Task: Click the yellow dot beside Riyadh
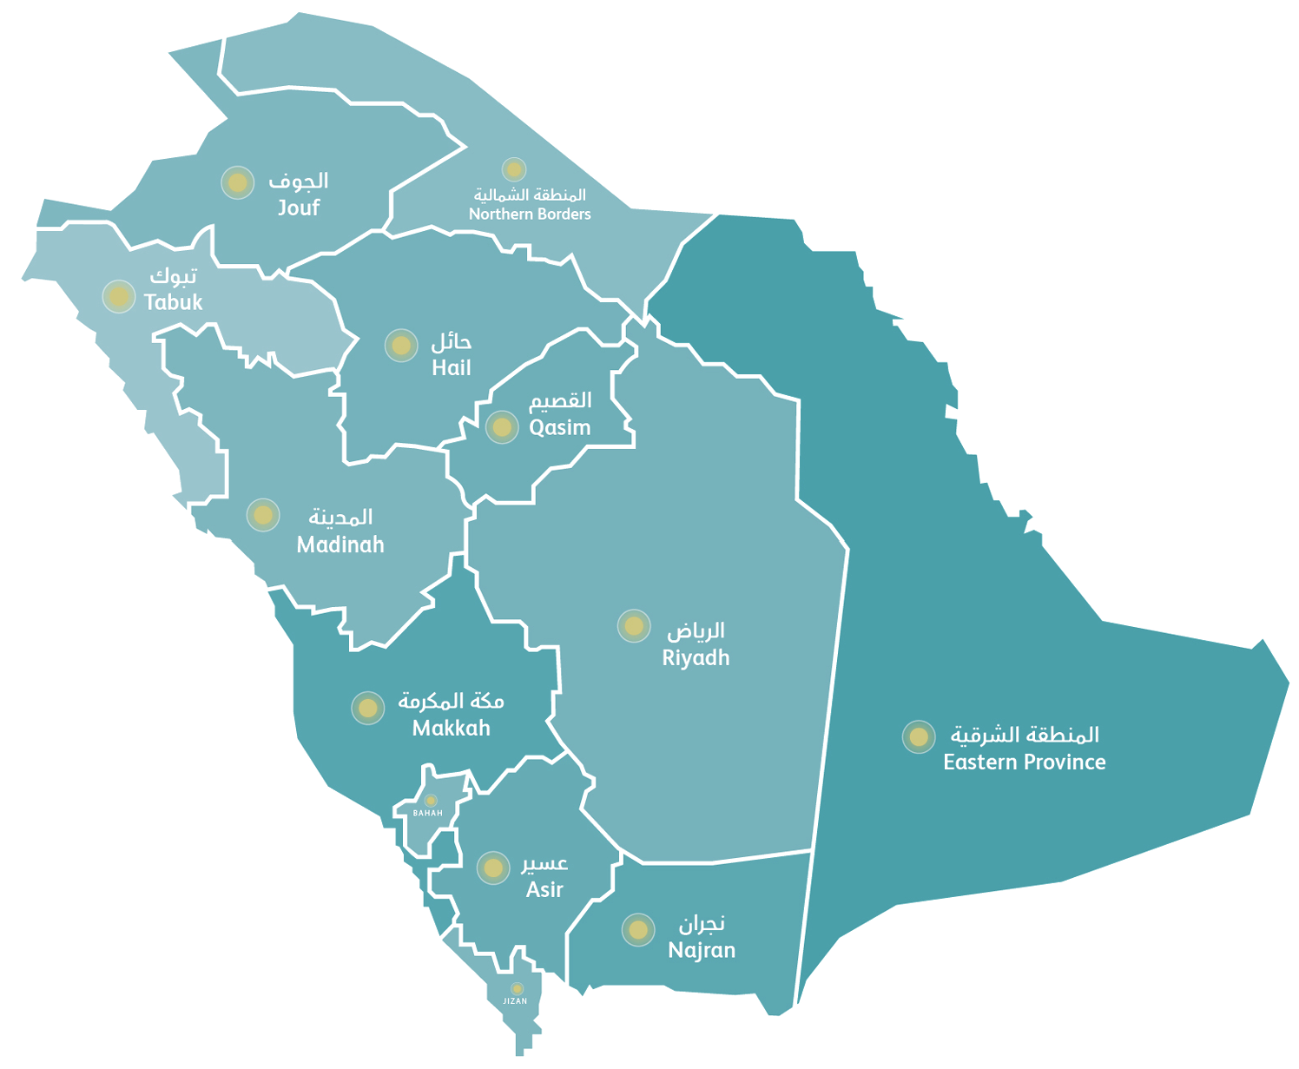634,625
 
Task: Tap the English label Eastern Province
1025,762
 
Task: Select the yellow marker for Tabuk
118,296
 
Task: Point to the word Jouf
299,207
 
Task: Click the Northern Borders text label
530,214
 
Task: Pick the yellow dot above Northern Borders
514,169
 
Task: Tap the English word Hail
452,367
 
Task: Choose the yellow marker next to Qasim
502,427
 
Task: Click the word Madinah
340,544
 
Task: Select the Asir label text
545,889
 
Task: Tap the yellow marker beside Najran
638,930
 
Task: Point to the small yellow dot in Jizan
517,988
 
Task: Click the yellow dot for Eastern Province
917,737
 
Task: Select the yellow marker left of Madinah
262,515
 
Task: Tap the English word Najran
702,950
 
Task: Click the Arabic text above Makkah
451,702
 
